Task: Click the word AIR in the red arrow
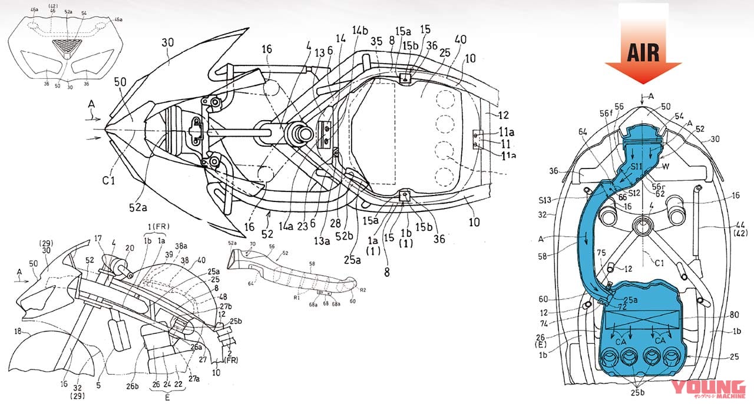click(643, 52)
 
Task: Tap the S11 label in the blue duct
click(631, 168)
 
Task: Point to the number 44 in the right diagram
click(737, 225)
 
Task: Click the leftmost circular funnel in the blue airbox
click(609, 356)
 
